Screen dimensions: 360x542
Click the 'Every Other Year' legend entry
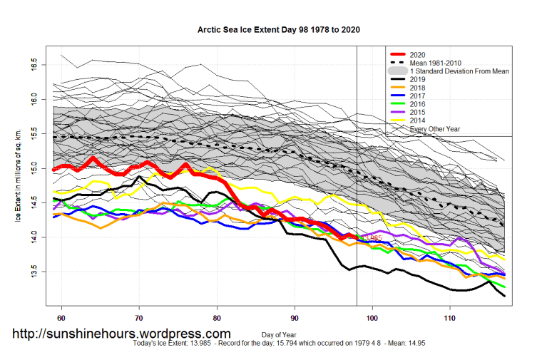436,129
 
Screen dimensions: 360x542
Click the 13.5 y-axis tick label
37,272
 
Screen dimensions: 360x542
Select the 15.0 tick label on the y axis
37,168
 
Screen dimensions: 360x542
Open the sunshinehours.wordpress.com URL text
122,334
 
